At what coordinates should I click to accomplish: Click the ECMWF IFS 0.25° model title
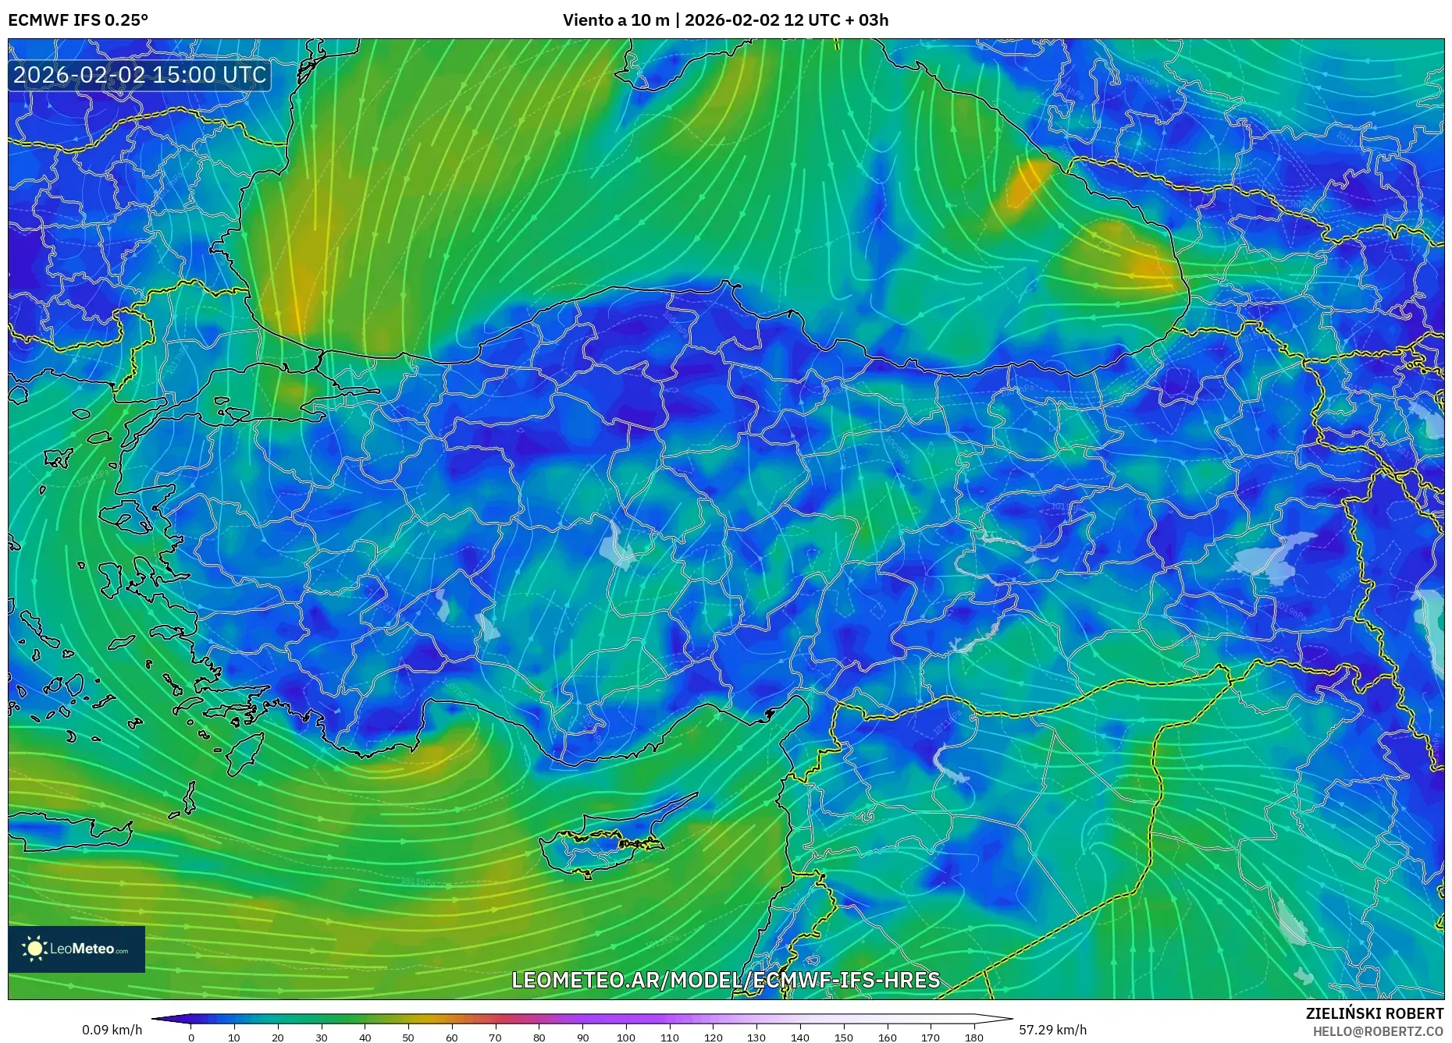pos(78,20)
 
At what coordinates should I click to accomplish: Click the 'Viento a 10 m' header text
pos(616,20)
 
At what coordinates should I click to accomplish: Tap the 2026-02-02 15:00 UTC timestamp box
pos(140,75)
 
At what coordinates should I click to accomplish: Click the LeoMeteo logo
pos(77,949)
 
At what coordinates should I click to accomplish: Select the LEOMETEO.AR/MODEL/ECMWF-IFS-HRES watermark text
pos(725,980)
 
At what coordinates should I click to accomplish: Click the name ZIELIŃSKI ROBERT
pos(1374,1013)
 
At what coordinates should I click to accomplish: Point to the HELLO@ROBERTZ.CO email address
pos(1377,1031)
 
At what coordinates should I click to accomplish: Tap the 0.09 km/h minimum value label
pos(112,1030)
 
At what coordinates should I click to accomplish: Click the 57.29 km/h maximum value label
pos(1052,1030)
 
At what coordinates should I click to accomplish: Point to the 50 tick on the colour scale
pos(408,1038)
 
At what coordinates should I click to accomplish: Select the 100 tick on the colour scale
pos(626,1038)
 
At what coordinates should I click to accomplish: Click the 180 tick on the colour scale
pos(973,1038)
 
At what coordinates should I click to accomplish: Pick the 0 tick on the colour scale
pos(191,1038)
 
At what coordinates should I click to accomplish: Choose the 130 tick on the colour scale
pos(756,1038)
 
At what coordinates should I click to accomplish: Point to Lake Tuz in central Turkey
pos(620,545)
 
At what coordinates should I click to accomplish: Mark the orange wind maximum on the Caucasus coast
pos(1027,183)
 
